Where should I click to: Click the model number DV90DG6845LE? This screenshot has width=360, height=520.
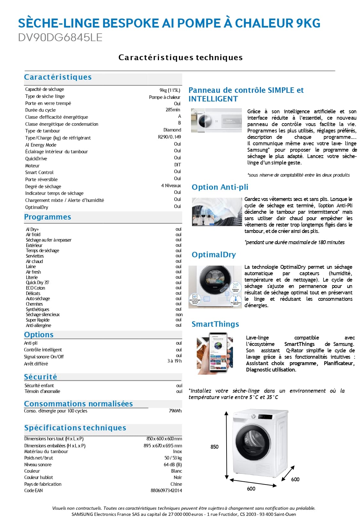[x=60, y=38]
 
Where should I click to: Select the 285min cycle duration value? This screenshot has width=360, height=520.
[x=173, y=110]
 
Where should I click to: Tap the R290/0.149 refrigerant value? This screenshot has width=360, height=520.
[x=169, y=137]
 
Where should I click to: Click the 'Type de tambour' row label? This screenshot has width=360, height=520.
[x=43, y=131]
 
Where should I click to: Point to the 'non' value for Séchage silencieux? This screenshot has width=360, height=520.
[x=179, y=315]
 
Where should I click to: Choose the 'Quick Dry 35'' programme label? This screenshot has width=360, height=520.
[x=37, y=283]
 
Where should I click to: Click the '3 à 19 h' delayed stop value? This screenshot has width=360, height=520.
[x=174, y=361]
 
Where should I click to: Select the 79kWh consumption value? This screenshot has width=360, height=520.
[x=175, y=411]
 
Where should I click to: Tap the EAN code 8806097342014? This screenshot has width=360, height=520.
[x=166, y=491]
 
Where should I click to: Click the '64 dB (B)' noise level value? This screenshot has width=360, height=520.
[x=172, y=465]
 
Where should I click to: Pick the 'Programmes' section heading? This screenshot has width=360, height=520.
[x=48, y=217]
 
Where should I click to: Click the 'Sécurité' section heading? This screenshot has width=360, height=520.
[x=41, y=377]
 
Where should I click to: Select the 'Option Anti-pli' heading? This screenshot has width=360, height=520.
[x=220, y=187]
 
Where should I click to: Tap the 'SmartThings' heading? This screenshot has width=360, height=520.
[x=215, y=324]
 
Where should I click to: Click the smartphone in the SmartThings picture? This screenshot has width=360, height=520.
[x=218, y=352]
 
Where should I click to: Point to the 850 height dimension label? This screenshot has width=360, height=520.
[x=214, y=447]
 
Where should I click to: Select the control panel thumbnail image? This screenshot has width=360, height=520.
[x=216, y=120]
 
